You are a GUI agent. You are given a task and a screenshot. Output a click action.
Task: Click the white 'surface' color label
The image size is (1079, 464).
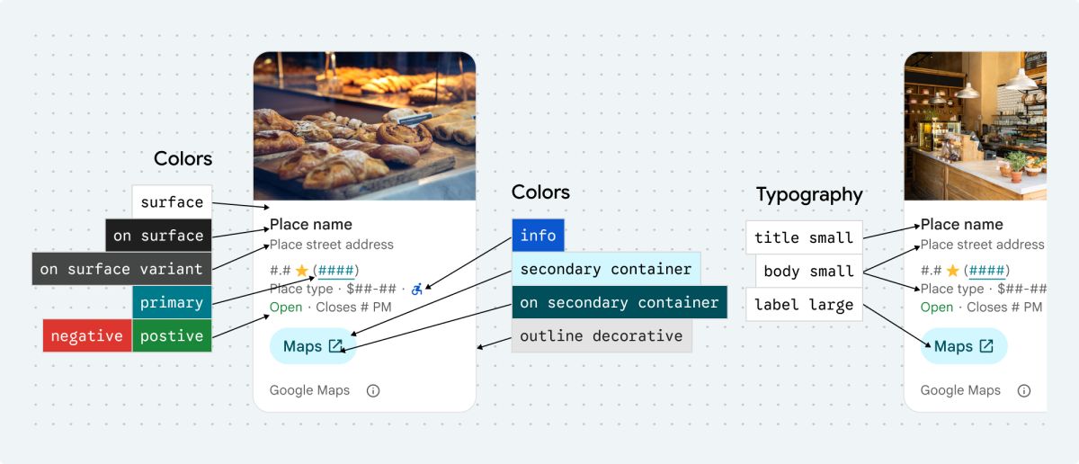coord(172,201)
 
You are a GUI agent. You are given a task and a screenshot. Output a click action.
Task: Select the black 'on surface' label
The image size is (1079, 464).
coord(158,236)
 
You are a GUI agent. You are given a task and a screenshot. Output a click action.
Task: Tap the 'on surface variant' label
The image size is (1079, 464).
coord(122,269)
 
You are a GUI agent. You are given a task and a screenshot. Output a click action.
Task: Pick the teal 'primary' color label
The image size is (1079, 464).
coord(172,302)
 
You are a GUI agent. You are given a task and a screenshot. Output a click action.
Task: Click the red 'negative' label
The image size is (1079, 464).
coord(87,335)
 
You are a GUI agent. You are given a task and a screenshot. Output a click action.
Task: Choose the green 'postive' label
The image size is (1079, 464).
coord(172,335)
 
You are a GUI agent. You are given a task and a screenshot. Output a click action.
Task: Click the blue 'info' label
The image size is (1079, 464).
coord(538,236)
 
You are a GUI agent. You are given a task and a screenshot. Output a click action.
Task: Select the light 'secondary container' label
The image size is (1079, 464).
coord(605,269)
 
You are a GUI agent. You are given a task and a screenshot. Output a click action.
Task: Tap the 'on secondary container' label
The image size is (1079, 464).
coord(619,302)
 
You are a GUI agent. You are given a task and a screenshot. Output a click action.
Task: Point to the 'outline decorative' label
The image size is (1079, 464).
coord(601,335)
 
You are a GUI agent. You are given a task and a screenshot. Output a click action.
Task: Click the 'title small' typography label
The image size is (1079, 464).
coord(804,237)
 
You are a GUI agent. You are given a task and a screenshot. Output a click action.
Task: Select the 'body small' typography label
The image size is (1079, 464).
coord(808,271)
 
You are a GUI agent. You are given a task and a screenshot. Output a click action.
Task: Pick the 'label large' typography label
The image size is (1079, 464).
coord(804,304)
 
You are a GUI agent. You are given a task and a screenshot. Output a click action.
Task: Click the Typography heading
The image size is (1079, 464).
coord(809,194)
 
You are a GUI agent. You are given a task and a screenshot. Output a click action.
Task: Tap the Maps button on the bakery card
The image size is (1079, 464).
coord(313,346)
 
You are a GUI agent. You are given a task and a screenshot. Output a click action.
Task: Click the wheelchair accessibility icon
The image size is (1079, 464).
coord(416,289)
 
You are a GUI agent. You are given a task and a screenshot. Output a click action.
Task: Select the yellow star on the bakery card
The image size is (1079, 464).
coord(301,270)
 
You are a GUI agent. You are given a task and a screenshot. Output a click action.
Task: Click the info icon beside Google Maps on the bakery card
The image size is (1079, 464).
coord(373,390)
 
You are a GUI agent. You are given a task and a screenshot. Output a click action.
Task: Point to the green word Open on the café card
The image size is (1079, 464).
coord(936,307)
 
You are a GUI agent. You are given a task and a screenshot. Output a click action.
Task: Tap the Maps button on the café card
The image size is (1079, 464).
coord(964,346)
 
